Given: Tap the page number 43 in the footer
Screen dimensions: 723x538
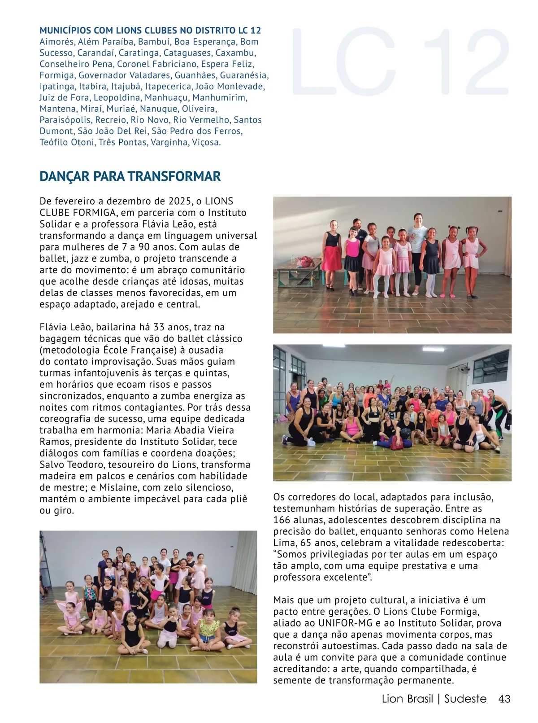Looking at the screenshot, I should [504, 699].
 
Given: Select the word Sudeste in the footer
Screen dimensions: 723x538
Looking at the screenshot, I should [465, 699].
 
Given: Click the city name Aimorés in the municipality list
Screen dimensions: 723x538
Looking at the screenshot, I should [57, 42].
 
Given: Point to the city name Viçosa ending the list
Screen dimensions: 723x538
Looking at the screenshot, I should [206, 142].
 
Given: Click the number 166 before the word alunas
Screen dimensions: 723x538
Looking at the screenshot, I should [282, 520].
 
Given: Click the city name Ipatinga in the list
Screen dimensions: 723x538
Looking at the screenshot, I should [57, 86].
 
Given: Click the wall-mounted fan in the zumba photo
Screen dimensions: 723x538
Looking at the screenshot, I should [463, 368].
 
